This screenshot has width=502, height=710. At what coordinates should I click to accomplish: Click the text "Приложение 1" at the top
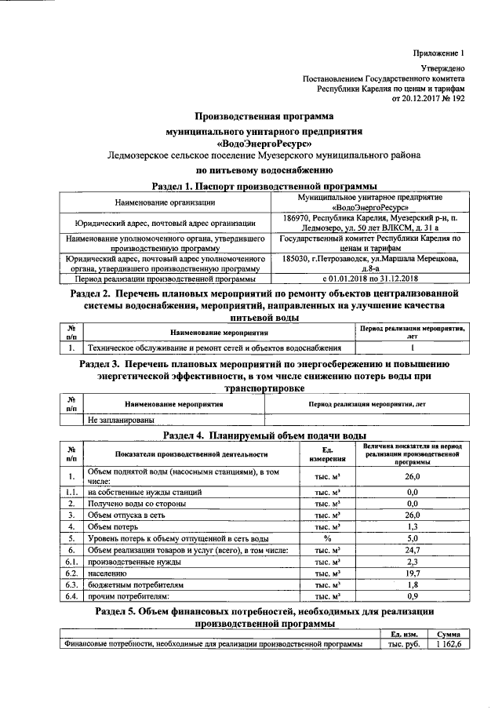[439, 53]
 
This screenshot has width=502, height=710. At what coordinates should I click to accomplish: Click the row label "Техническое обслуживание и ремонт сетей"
[214, 347]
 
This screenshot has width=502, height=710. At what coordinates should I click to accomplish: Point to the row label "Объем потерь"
[114, 526]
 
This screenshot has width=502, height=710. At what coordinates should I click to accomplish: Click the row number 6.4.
[71, 597]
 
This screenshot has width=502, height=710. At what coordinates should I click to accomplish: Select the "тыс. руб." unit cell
[403, 644]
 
